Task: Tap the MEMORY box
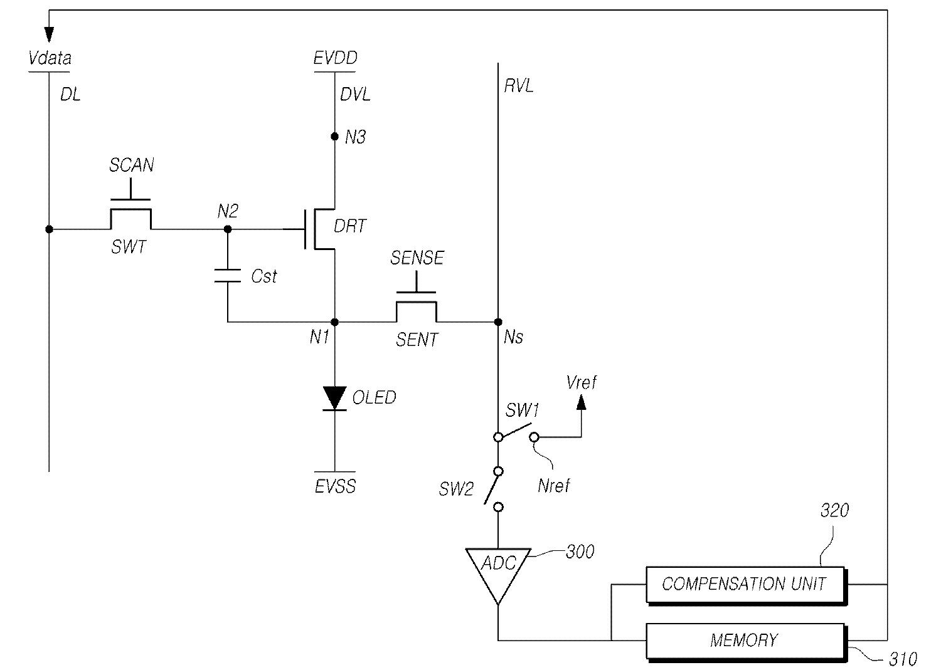(x=746, y=642)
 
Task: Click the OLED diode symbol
(x=335, y=398)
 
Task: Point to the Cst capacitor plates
(x=227, y=276)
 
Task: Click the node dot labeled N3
(x=335, y=137)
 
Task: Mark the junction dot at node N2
(x=228, y=229)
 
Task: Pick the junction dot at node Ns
(x=498, y=322)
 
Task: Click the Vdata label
(x=50, y=58)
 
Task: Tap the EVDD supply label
(x=335, y=58)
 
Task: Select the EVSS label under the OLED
(x=335, y=486)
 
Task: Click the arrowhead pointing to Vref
(x=582, y=402)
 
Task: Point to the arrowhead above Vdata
(x=49, y=35)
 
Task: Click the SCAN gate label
(x=132, y=165)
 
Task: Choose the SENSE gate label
(x=417, y=258)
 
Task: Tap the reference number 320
(x=835, y=510)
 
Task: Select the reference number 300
(x=580, y=552)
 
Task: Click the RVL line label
(x=519, y=86)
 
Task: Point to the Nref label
(x=554, y=486)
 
